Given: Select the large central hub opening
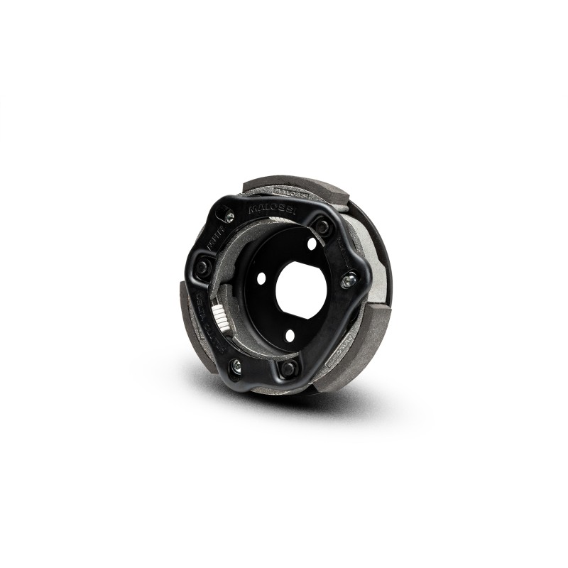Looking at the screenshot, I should tap(301, 290).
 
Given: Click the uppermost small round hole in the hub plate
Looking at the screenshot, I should tap(312, 244).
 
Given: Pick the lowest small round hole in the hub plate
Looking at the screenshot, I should tap(289, 336).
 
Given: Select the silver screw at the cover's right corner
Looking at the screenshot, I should tap(348, 282).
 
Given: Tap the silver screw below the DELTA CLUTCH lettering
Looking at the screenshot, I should tap(236, 367).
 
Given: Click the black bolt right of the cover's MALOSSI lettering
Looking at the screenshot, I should tap(322, 227).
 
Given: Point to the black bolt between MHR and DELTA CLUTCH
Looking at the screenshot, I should tap(202, 267).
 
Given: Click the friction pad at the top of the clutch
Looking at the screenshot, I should tap(298, 183).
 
